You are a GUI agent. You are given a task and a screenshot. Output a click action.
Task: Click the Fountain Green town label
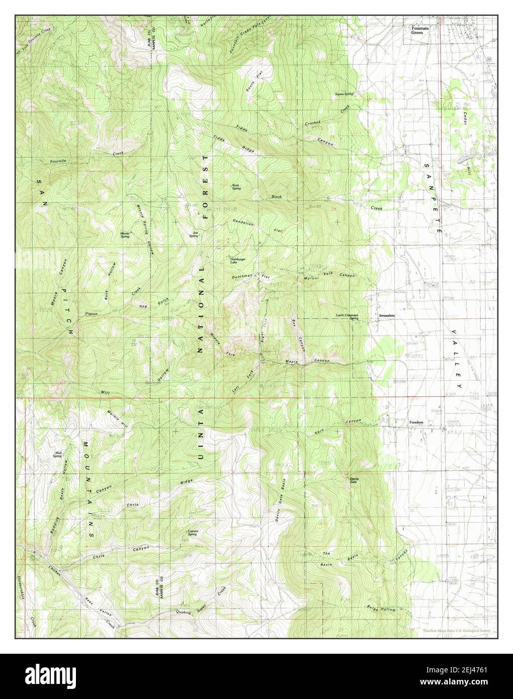coord(420,31)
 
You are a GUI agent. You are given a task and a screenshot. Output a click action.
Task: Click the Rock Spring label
coord(236,187)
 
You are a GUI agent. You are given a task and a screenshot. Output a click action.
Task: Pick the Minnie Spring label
coord(125,234)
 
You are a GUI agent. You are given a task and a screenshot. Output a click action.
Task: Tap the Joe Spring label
coord(193,234)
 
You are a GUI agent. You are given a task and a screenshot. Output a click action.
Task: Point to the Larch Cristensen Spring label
coord(347,317)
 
